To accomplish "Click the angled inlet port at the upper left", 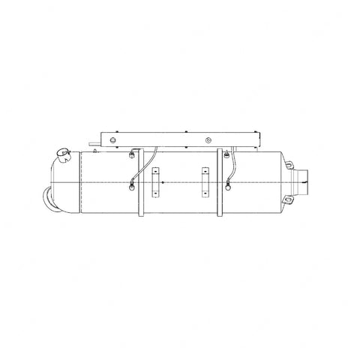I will pyautogui.click(x=61, y=156).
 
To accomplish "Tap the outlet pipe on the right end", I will pyautogui.click(x=308, y=178).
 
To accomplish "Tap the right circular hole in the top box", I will pyautogui.click(x=208, y=140).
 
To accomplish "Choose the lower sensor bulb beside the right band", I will pyautogui.click(x=227, y=179).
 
